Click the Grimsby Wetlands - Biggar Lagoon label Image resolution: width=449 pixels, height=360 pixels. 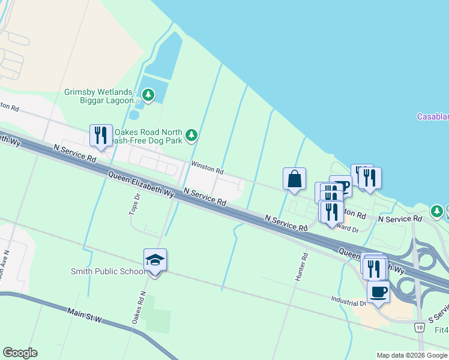click(x=100, y=96)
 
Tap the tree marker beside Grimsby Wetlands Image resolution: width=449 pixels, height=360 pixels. click(x=148, y=95)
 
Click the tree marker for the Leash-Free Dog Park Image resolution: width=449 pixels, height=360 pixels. click(x=191, y=135)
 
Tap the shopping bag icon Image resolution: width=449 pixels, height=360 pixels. click(x=294, y=179)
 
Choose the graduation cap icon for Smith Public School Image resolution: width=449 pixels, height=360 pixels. click(x=155, y=260)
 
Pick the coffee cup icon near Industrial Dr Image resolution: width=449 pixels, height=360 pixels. click(x=378, y=292)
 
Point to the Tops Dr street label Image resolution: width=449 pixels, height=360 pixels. click(x=135, y=205)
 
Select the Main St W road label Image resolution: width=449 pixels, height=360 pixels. click(x=85, y=316)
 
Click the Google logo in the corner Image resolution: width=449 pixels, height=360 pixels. click(x=20, y=353)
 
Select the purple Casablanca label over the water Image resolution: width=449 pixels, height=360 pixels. click(x=433, y=116)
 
